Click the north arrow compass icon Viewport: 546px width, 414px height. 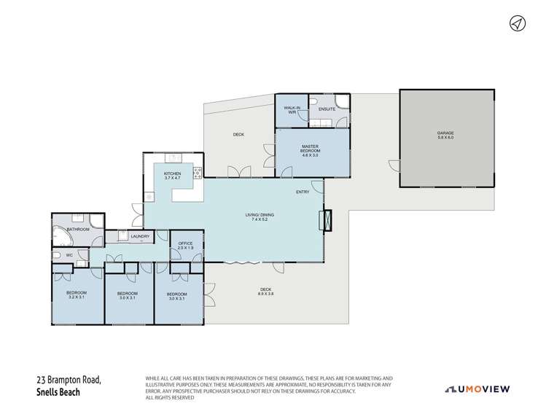[517, 23]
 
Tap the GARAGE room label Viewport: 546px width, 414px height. [445, 135]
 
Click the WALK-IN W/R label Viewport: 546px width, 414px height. [291, 110]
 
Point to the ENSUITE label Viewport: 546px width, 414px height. [327, 109]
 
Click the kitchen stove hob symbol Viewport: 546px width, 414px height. [197, 173]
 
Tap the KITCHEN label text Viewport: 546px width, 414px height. [172, 175]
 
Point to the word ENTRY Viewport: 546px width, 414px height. [303, 192]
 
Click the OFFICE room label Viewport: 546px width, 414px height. [185, 246]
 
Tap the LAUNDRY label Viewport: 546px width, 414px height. [139, 236]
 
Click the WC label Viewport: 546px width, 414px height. [69, 255]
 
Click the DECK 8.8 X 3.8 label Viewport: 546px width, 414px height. [266, 292]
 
